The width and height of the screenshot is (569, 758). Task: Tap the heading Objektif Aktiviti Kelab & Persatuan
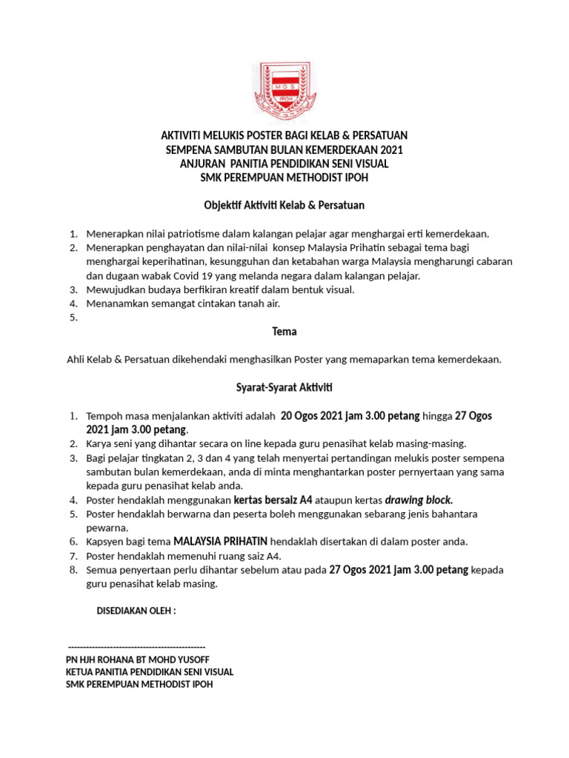point(284,205)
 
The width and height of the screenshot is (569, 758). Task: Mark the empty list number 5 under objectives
point(73,318)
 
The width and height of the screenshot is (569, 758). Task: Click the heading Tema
point(284,332)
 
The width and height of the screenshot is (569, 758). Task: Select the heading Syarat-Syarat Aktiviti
point(284,387)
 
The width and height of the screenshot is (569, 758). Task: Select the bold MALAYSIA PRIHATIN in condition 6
point(220,542)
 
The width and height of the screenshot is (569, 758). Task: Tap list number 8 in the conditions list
point(73,570)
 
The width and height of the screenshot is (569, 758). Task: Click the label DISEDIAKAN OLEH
point(136,611)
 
